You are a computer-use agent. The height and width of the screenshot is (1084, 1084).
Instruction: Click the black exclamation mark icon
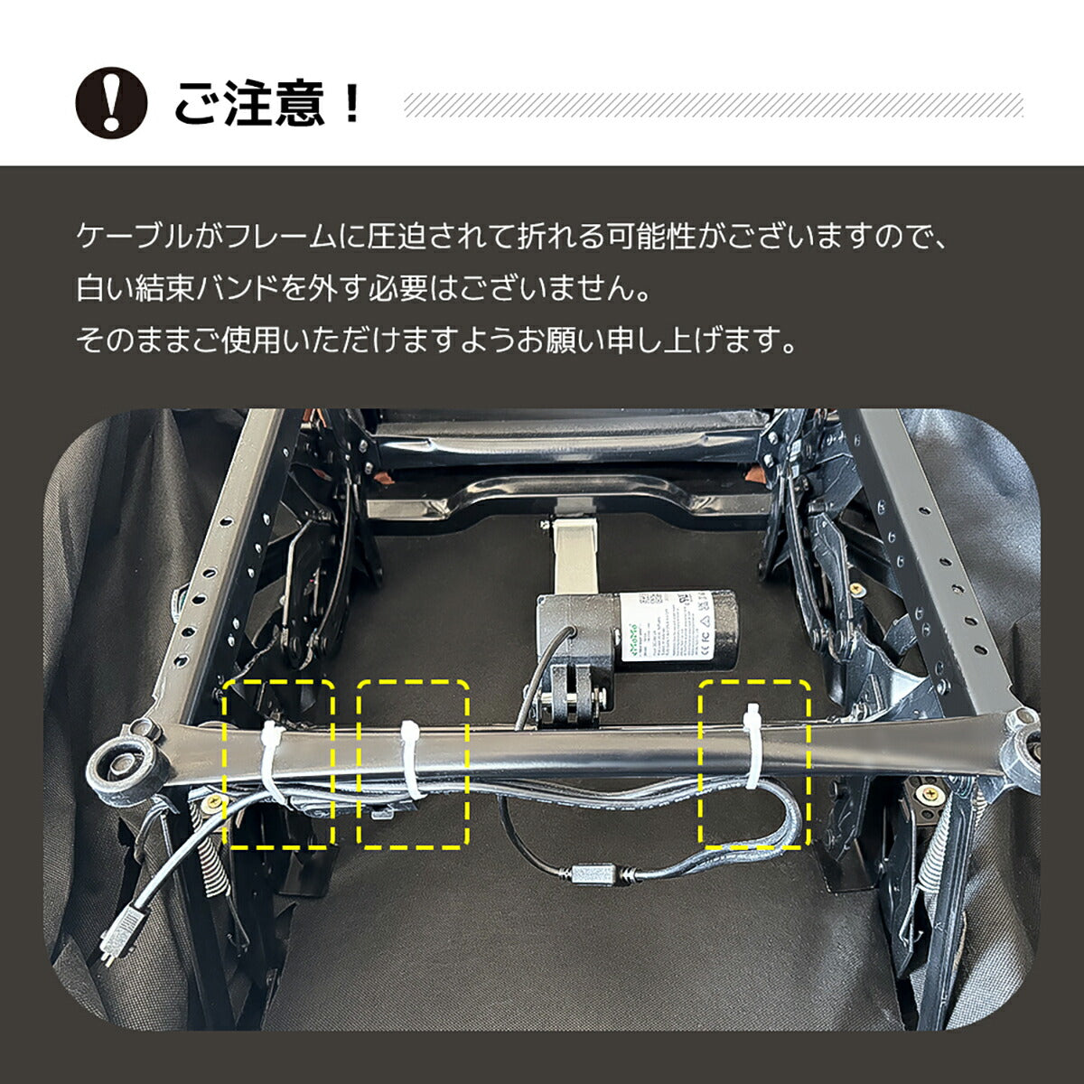pyautogui.click(x=111, y=103)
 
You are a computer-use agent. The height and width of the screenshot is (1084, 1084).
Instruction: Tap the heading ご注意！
pyautogui.click(x=267, y=104)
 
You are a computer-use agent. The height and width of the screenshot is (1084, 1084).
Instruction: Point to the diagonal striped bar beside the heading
pyautogui.click(x=714, y=105)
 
